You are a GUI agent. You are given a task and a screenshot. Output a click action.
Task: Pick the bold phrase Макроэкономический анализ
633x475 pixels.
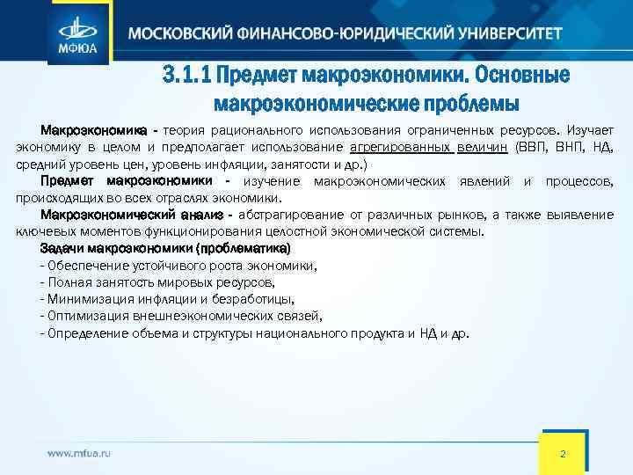point(127,216)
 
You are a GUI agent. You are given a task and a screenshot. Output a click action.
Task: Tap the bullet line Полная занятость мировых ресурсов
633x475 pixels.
point(158,282)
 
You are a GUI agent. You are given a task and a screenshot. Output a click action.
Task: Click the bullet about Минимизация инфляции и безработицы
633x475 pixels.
point(168,299)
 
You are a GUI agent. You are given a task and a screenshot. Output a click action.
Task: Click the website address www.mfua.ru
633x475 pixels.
point(79,452)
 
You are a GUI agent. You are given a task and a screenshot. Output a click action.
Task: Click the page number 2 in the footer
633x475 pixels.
point(563,452)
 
